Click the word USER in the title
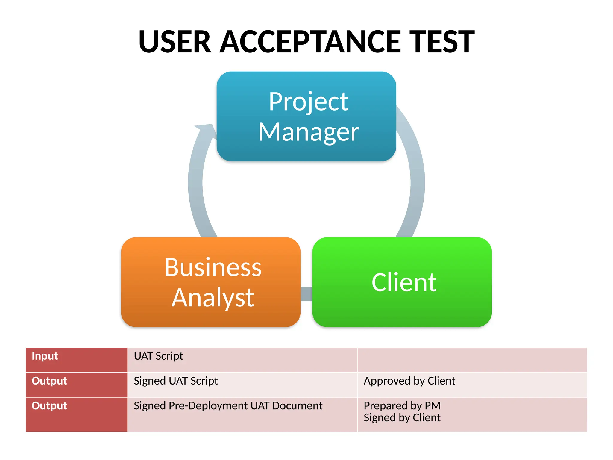175,42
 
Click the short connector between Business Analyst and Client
306,294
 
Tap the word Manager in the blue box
309,132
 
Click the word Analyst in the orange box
213,298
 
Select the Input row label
45,356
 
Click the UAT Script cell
158,356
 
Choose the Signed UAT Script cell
176,381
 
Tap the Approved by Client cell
409,381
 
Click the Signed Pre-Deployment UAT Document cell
228,406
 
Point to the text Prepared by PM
402,406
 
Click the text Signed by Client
402,418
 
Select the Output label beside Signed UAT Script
49,381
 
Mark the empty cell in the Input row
472,360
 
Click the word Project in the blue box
309,102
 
